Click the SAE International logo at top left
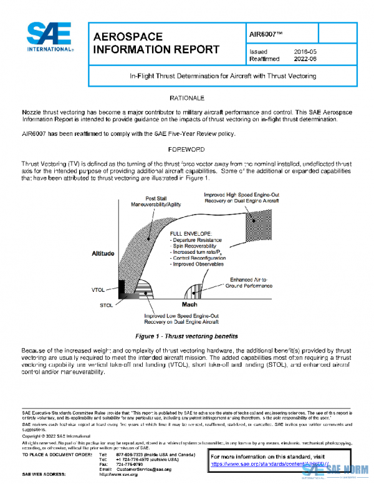(x=49, y=37)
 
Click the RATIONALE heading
(x=188, y=99)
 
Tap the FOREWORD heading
(x=188, y=150)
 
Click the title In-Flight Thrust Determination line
(x=223, y=76)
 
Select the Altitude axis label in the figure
(x=103, y=254)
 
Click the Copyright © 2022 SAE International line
(x=57, y=436)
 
